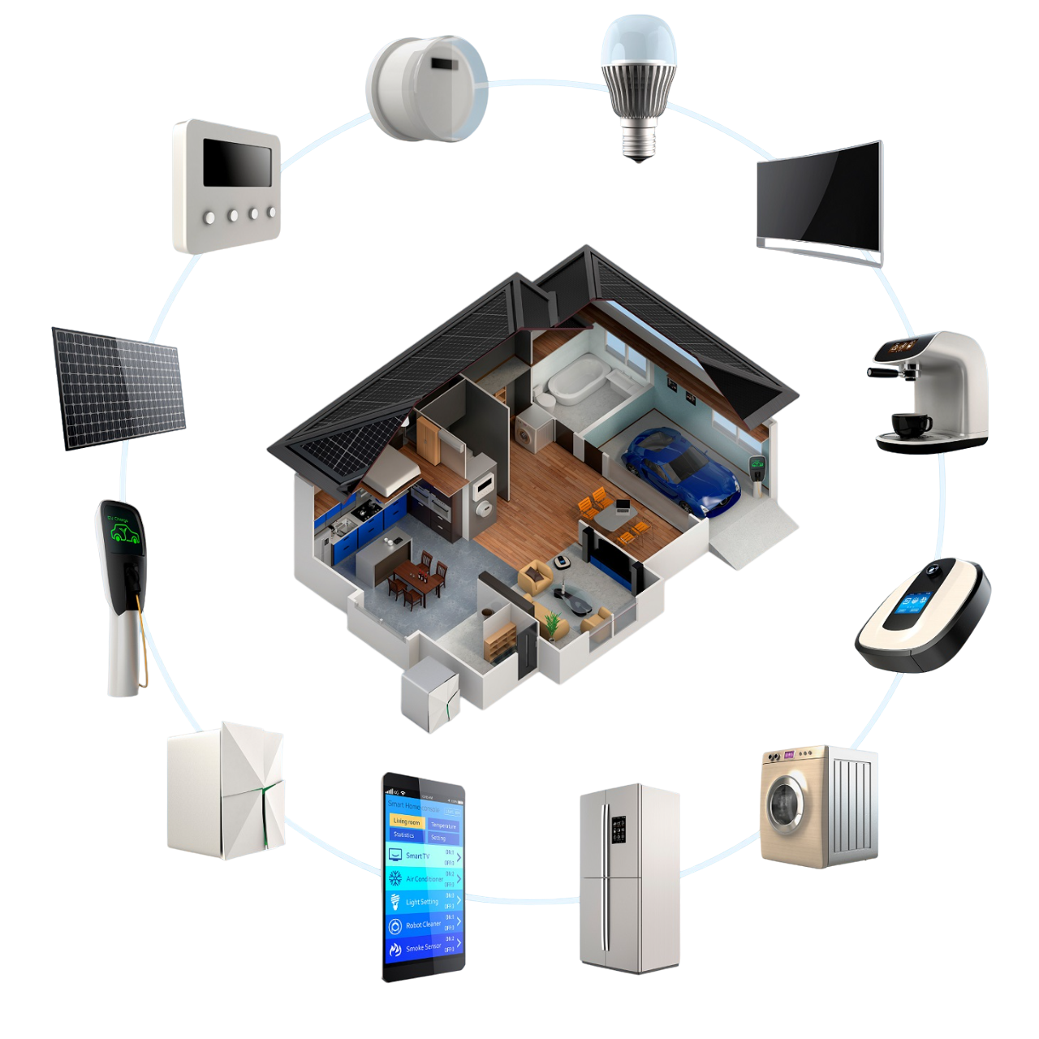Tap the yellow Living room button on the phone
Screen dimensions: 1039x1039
(x=407, y=821)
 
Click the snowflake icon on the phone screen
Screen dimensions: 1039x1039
(x=395, y=878)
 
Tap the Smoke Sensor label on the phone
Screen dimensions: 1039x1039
(x=423, y=947)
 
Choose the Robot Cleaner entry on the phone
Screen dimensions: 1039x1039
(x=424, y=925)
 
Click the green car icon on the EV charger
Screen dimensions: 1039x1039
(x=124, y=533)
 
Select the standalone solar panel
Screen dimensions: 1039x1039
(x=119, y=387)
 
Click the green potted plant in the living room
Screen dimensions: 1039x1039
(x=552, y=623)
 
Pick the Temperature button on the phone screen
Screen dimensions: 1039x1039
(x=443, y=826)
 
